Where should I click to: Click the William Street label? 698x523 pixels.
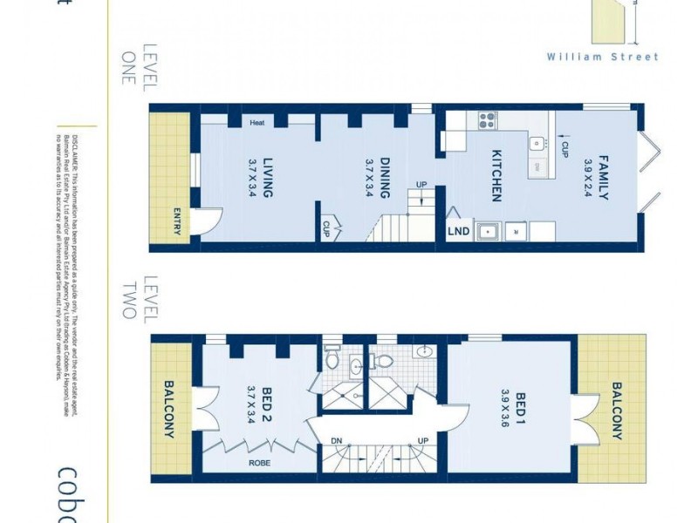point(603,57)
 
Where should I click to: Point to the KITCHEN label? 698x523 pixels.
point(496,175)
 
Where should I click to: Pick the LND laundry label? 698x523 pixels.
point(458,231)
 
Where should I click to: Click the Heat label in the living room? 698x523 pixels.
point(257,123)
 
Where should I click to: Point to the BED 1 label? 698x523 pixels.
point(521,405)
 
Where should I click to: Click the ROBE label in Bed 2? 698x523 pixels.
point(259,464)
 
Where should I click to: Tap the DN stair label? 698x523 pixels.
point(337,440)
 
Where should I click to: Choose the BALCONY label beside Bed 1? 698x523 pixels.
point(617,411)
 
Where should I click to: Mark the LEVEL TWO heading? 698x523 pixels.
point(136,298)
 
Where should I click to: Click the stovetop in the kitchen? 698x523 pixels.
point(485,120)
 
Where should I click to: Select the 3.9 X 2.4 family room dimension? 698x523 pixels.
point(587,175)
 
